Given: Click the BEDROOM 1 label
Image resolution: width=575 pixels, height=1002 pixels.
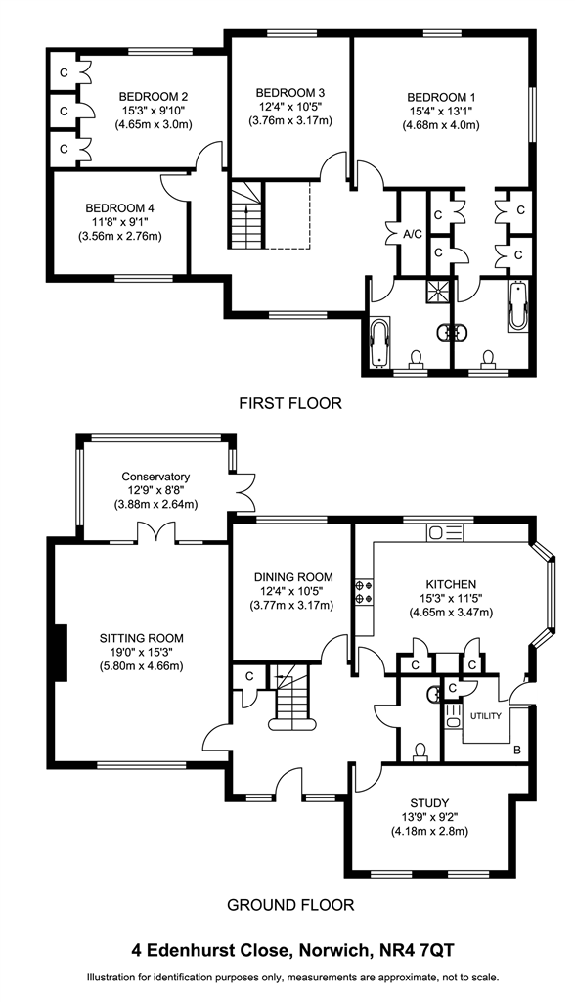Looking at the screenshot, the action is tap(441, 97).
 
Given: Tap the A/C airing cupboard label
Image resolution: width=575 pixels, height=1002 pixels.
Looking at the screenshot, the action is tap(413, 234).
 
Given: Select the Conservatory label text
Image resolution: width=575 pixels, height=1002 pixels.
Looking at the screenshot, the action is tap(155, 477).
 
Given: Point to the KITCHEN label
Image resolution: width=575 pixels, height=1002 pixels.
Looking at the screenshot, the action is tap(451, 584).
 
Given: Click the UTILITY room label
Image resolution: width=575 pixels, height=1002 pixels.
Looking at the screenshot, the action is tap(486, 716).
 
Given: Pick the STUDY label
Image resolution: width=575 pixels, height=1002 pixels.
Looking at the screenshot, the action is tap(429, 802).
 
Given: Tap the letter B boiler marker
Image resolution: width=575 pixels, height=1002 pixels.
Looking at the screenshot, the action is tap(516, 750).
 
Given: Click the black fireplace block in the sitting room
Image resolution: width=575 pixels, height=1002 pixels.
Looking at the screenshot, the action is tap(61, 653).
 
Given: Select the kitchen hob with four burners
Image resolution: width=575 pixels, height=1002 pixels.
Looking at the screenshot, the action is tap(364, 591).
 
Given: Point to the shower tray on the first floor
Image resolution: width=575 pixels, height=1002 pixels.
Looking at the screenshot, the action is tap(439, 290).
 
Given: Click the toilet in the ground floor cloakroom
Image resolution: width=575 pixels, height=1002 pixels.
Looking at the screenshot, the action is tap(420, 752).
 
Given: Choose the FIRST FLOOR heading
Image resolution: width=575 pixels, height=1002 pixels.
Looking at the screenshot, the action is tap(290, 403).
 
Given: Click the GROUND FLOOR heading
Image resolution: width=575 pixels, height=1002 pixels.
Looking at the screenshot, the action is tap(290, 905).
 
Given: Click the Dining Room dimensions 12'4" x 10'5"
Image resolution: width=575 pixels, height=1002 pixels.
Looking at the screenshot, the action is tap(292, 591).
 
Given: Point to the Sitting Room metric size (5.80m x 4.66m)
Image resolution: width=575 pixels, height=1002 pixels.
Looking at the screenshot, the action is tap(141, 665).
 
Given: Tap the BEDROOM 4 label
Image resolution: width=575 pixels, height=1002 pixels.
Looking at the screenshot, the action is tap(119, 208).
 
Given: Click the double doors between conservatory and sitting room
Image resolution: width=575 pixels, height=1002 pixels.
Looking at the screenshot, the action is tap(155, 532).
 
